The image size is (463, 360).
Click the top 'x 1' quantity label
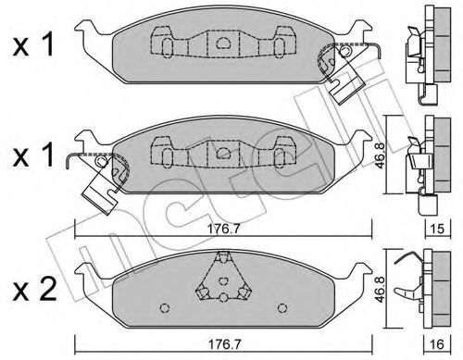pyautogui.click(x=33, y=45)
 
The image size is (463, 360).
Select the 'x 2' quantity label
pyautogui.click(x=34, y=290)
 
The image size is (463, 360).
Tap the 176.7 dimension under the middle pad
pyautogui.click(x=223, y=229)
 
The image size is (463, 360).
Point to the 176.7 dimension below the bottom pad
pyautogui.click(x=223, y=344)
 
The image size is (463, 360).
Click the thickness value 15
pyautogui.click(x=437, y=229)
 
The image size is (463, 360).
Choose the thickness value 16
pyautogui.click(x=437, y=344)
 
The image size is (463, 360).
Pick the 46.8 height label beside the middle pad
pyautogui.click(x=379, y=155)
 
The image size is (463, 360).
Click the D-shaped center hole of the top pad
pyautogui.click(x=223, y=43)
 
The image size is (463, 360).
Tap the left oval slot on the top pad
pyautogui.click(x=167, y=48)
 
